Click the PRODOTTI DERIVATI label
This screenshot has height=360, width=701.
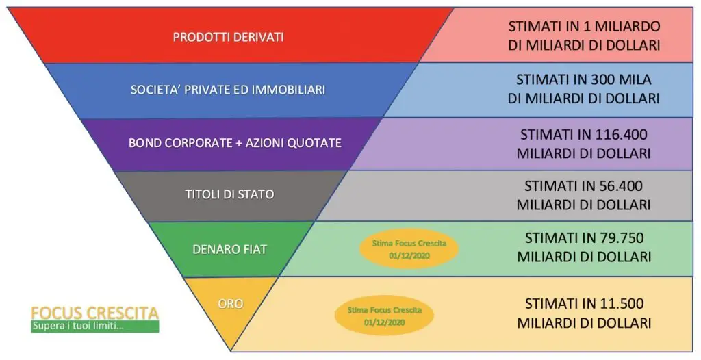228,37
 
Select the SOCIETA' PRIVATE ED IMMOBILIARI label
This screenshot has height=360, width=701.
227,90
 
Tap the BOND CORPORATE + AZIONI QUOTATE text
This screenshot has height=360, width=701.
235,142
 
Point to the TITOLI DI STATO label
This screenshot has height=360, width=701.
229,194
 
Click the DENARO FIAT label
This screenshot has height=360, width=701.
229,249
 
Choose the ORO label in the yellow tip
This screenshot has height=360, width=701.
231,304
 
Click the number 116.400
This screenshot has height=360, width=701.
622,134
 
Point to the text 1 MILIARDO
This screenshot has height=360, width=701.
622,26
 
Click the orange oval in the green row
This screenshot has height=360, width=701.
409,248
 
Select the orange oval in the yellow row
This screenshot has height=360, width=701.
384,316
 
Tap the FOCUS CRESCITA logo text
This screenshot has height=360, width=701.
94,313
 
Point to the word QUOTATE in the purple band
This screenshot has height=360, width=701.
316,143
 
